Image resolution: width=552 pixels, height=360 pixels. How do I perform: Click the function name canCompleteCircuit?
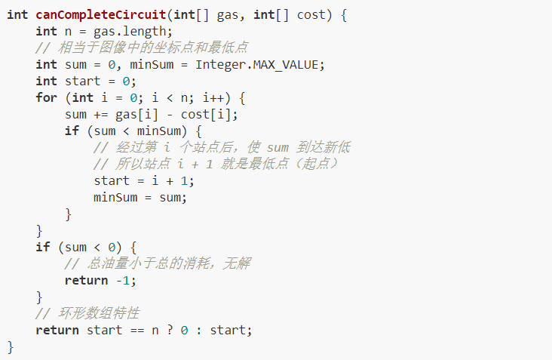pyautogui.click(x=101, y=15)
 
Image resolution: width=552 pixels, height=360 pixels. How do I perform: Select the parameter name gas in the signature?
pyautogui.click(x=227, y=16)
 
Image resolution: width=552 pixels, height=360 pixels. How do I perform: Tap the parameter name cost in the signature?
pyautogui.click(x=311, y=15)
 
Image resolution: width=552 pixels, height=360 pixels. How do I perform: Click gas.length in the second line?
pyautogui.click(x=129, y=32)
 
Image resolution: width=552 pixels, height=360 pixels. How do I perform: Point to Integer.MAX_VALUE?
pyautogui.click(x=256, y=65)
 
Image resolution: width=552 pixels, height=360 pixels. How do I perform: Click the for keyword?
pyautogui.click(x=46, y=97)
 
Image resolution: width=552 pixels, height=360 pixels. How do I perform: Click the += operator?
pyautogui.click(x=101, y=115)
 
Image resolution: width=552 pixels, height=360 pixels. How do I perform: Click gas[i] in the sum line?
pyautogui.click(x=136, y=115)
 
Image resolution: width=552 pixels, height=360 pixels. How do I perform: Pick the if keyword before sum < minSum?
pyautogui.click(x=72, y=131)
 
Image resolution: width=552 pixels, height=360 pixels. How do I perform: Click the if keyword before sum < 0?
pyautogui.click(x=43, y=247)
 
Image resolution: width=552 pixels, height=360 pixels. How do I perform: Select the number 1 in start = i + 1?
pyautogui.click(x=184, y=180)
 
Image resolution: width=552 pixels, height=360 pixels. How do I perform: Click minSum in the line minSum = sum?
pyautogui.click(x=115, y=197)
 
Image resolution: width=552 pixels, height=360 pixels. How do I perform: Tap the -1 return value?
pyautogui.click(x=123, y=281)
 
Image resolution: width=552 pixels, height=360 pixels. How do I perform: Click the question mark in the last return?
pyautogui.click(x=170, y=330)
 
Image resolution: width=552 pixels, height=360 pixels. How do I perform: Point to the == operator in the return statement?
pyautogui.click(x=137, y=331)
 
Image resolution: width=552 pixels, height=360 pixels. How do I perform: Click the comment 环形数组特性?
pyautogui.click(x=99, y=313)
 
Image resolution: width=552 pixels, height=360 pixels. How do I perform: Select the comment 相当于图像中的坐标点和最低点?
pyautogui.click(x=153, y=48)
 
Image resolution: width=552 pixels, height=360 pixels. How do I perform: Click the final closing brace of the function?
pyautogui.click(x=11, y=347)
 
